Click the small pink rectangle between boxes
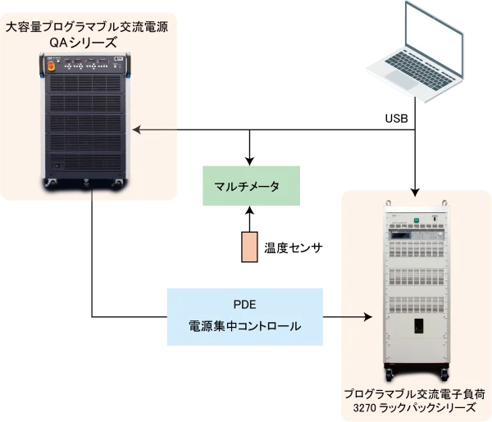point(248,246)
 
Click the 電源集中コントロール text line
point(245,326)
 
